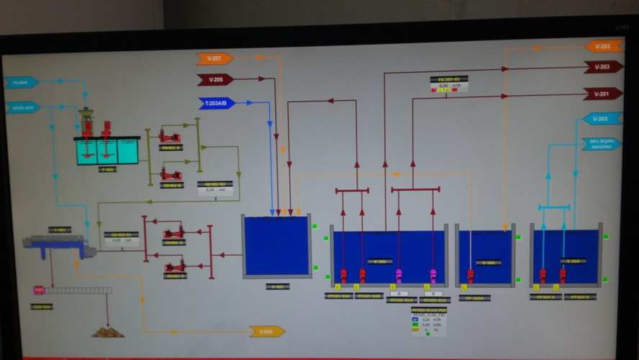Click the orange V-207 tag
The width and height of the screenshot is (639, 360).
click(x=214, y=58)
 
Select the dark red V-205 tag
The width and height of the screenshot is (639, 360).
click(x=214, y=79)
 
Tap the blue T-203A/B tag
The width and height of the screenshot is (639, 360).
click(x=216, y=103)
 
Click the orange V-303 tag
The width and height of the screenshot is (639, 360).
click(x=604, y=46)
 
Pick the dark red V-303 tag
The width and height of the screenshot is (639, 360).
click(x=603, y=67)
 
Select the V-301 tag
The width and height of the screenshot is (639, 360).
click(x=602, y=94)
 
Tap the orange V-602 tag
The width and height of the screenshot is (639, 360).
click(x=267, y=331)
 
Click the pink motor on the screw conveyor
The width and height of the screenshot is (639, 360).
click(x=39, y=290)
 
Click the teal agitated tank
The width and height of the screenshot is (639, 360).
click(x=106, y=151)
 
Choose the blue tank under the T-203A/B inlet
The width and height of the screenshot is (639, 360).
click(x=276, y=246)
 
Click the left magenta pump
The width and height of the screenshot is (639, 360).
click(x=399, y=275)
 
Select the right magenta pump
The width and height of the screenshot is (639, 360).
click(x=433, y=275)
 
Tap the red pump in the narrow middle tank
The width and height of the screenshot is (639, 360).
click(x=471, y=275)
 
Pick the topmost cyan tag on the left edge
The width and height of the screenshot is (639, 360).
click(x=20, y=83)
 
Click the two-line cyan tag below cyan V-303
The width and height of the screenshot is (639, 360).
click(x=600, y=143)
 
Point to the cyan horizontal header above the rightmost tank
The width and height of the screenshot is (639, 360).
click(x=554, y=207)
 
